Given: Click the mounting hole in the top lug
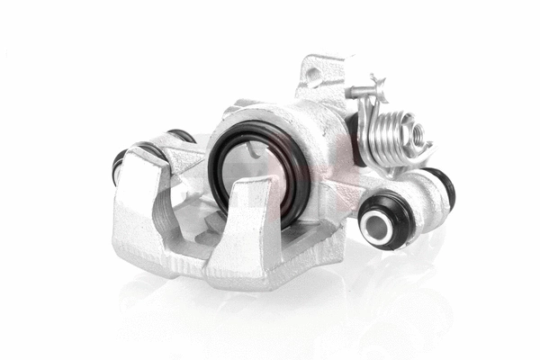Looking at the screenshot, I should pos(313,75).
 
